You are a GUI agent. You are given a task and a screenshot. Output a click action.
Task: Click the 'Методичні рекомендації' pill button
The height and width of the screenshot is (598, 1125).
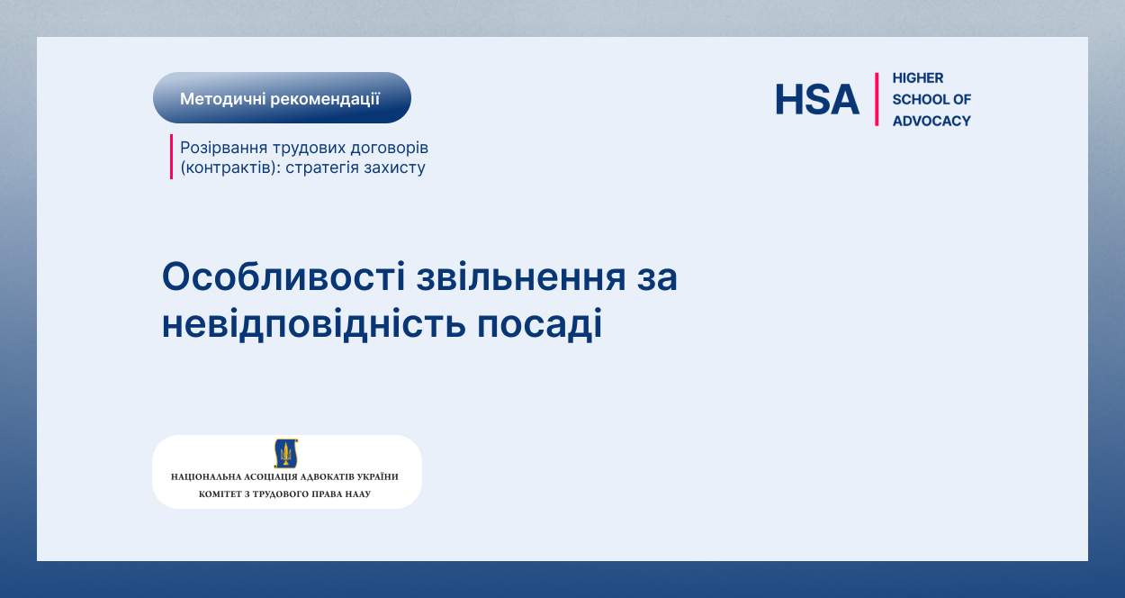click(x=282, y=98)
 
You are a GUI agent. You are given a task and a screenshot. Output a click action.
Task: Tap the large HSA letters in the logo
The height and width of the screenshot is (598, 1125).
click(x=817, y=99)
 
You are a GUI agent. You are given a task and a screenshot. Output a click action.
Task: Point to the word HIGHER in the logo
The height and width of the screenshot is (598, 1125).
click(x=918, y=78)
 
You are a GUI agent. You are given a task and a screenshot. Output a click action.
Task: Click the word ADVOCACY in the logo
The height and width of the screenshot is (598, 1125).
click(x=931, y=121)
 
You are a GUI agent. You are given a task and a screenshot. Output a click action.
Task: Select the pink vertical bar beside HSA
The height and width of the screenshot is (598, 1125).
click(x=877, y=99)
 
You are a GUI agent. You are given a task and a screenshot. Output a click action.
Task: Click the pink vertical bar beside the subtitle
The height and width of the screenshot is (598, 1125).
click(x=171, y=157)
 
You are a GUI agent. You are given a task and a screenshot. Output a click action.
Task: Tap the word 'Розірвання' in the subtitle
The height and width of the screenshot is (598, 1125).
click(x=223, y=149)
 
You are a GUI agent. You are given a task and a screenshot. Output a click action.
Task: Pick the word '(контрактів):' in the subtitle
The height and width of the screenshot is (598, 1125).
click(x=230, y=168)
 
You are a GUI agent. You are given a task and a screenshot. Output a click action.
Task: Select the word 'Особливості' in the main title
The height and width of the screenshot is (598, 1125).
click(x=283, y=276)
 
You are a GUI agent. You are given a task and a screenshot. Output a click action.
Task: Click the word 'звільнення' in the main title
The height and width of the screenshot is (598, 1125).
click(x=521, y=276)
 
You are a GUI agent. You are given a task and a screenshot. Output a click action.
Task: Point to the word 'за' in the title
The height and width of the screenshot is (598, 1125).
click(x=657, y=279)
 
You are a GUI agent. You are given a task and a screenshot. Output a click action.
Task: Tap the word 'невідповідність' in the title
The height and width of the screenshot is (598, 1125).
click(x=313, y=324)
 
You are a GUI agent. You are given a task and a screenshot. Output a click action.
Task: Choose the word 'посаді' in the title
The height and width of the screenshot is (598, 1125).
click(x=539, y=324)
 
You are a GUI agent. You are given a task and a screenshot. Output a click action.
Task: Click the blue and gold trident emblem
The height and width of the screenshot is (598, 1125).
click(x=286, y=453)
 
